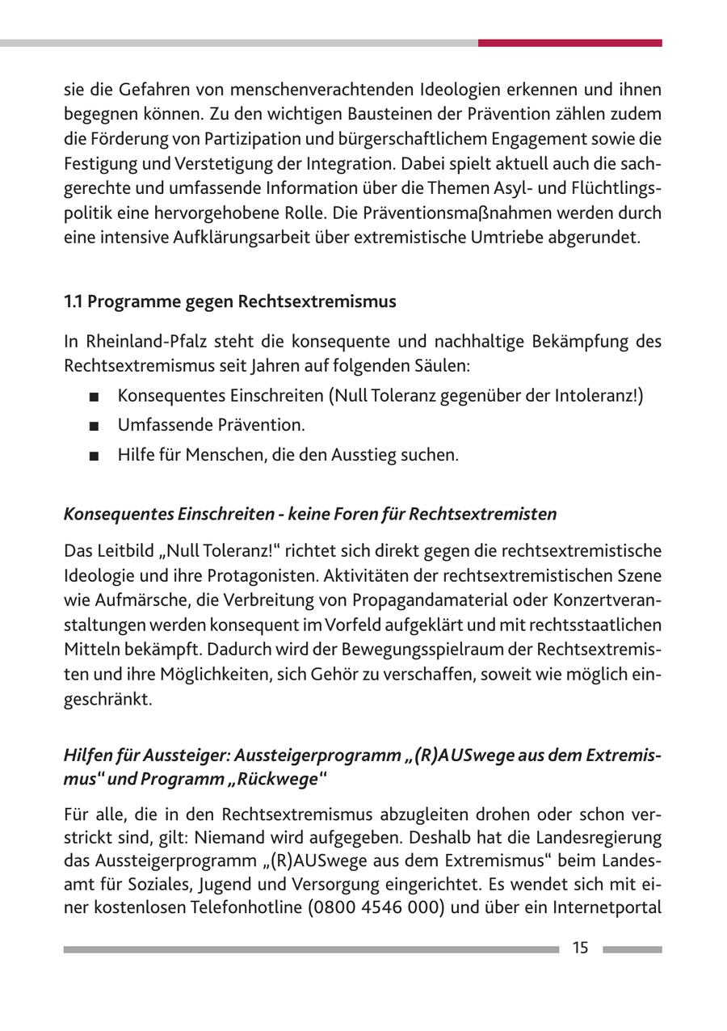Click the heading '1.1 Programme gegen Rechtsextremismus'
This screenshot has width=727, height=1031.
(230, 301)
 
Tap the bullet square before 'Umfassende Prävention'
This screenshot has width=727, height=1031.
(95, 426)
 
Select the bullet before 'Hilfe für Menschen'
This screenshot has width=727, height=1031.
(95, 456)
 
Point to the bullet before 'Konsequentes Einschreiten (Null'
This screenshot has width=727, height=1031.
(95, 397)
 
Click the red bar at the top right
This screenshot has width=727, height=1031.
(569, 43)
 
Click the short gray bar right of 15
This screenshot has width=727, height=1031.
(632, 949)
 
